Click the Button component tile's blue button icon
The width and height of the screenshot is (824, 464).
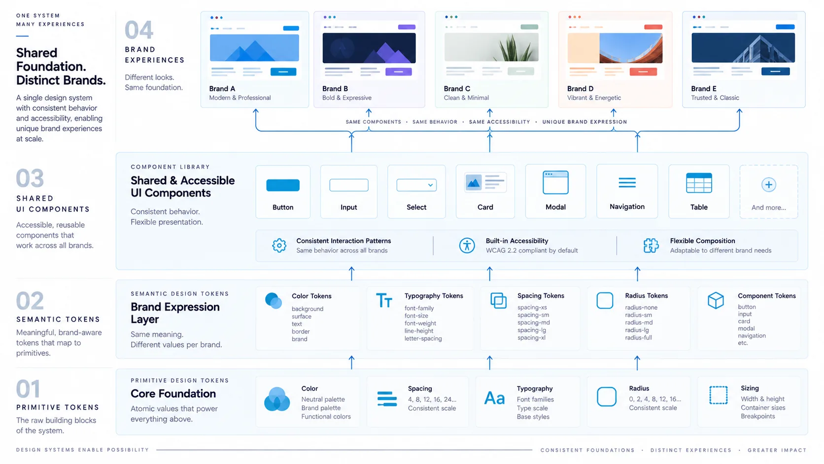click(x=282, y=185)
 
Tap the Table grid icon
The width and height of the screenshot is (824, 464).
click(x=699, y=182)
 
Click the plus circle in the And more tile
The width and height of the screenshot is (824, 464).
click(x=768, y=185)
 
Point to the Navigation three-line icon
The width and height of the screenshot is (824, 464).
click(x=627, y=182)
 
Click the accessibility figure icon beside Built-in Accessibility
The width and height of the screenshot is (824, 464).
click(x=467, y=246)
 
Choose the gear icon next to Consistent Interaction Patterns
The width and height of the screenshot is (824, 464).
click(x=279, y=246)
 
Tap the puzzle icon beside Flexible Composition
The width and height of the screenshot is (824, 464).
click(x=651, y=246)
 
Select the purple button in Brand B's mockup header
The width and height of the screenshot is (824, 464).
click(x=407, y=27)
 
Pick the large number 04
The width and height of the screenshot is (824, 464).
click(x=138, y=30)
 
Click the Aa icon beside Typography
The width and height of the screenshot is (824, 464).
click(x=494, y=398)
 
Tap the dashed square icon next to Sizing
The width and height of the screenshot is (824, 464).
click(x=718, y=395)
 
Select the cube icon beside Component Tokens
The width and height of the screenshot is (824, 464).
click(x=716, y=300)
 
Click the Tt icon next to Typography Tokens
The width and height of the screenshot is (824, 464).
click(x=384, y=300)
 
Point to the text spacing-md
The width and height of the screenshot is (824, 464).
click(x=533, y=322)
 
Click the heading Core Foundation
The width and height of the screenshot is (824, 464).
click(x=173, y=393)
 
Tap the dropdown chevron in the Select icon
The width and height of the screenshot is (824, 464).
click(x=430, y=185)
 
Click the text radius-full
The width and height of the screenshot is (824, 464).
click(x=638, y=337)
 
